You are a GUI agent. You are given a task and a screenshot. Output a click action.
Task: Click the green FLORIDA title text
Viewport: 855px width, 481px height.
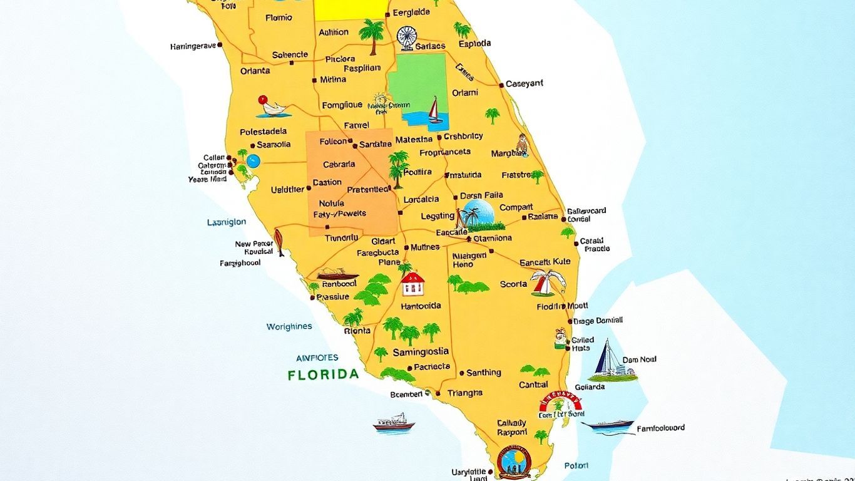pyautogui.click(x=323, y=375)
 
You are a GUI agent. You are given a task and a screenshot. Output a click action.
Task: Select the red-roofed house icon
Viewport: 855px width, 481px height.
pyautogui.click(x=412, y=284)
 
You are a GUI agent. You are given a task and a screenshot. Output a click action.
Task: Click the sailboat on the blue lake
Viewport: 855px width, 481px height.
pyautogui.click(x=434, y=111)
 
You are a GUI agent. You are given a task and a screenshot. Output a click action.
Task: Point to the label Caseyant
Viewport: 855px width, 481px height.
pyautogui.click(x=525, y=83)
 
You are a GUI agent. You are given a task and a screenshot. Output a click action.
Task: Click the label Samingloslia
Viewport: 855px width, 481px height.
pyautogui.click(x=421, y=352)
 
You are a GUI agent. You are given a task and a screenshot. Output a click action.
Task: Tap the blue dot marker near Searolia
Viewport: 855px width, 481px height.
pyautogui.click(x=253, y=161)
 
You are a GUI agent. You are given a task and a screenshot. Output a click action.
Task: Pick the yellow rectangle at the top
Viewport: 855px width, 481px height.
pyautogui.click(x=351, y=9)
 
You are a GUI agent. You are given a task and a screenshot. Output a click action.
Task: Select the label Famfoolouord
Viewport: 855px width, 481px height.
pyautogui.click(x=660, y=428)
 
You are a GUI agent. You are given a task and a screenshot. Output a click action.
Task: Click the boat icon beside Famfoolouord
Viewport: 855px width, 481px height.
pyautogui.click(x=607, y=427)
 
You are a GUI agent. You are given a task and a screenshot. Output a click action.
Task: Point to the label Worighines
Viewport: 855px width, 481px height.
pyautogui.click(x=289, y=327)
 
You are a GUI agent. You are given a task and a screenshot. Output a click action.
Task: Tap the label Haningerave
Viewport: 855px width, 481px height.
pyautogui.click(x=193, y=46)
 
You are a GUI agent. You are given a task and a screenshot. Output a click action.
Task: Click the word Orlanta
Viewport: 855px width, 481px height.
pyautogui.click(x=255, y=71)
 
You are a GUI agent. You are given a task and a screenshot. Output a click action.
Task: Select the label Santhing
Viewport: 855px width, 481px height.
pyautogui.click(x=484, y=373)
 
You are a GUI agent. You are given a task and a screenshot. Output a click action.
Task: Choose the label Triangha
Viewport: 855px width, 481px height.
pyautogui.click(x=465, y=393)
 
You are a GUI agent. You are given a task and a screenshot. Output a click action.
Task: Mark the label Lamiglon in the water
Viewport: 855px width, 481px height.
pyautogui.click(x=227, y=222)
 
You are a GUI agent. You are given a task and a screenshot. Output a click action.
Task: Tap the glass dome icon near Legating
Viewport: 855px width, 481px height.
pyautogui.click(x=479, y=215)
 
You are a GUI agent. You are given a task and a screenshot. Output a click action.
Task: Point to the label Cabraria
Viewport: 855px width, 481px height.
pyautogui.click(x=339, y=164)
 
